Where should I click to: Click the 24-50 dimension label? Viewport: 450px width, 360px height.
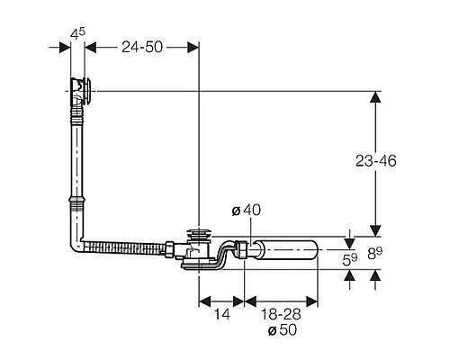(x=142, y=47)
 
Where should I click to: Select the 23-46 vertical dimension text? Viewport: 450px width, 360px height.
(x=376, y=161)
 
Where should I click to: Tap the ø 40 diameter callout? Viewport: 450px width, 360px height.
(x=247, y=210)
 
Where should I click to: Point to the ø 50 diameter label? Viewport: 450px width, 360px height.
(x=282, y=329)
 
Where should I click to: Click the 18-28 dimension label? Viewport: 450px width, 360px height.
(x=281, y=314)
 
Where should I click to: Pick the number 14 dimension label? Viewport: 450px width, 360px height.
(x=222, y=314)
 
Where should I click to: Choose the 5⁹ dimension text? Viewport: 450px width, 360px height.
(x=350, y=260)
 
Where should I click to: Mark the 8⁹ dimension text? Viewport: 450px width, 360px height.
(x=375, y=254)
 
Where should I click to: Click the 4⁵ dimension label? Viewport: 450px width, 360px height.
(x=77, y=33)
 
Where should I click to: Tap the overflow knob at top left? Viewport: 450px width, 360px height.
(x=87, y=91)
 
